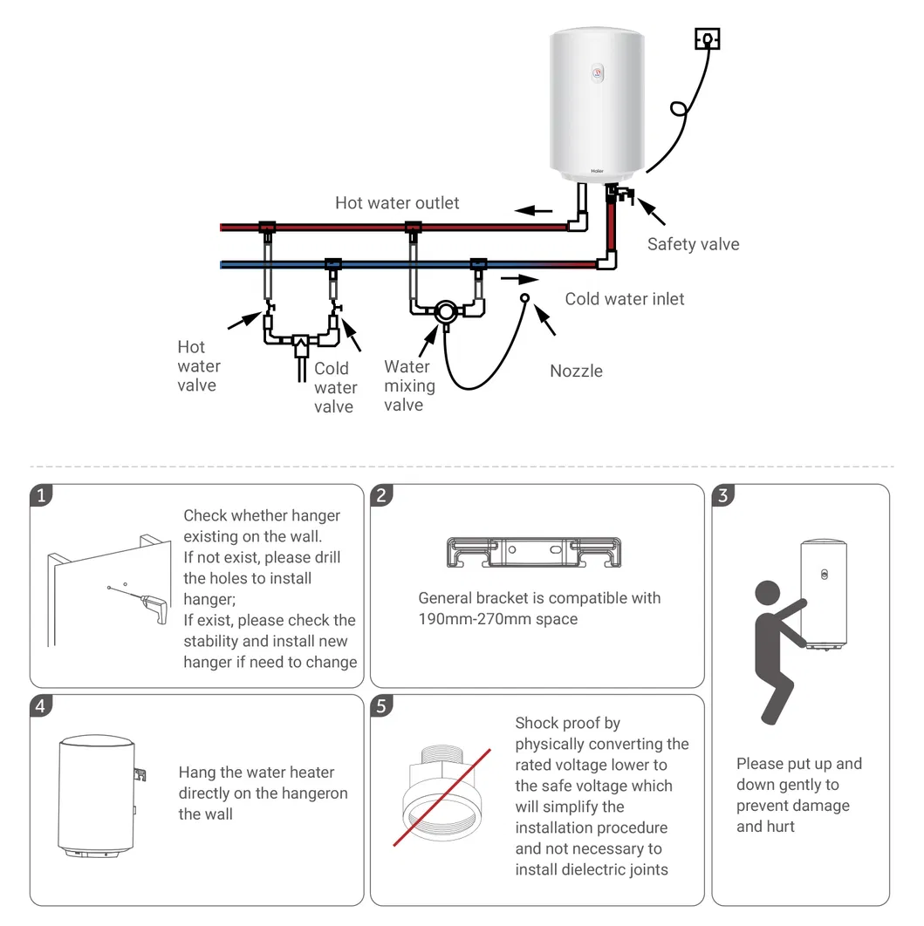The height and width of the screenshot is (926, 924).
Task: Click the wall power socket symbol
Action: tap(707, 39)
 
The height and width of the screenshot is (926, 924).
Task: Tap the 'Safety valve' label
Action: tap(693, 244)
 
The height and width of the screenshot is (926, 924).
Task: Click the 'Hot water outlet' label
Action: tap(397, 203)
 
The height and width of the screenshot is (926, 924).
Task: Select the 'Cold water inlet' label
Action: tap(625, 299)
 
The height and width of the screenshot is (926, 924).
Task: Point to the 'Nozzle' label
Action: tap(576, 371)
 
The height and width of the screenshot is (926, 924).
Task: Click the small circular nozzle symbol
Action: tap(525, 298)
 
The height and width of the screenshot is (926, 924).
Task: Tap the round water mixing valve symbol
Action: tap(445, 311)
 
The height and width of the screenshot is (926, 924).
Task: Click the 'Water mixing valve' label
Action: tap(408, 385)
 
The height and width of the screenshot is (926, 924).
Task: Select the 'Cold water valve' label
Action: tap(335, 387)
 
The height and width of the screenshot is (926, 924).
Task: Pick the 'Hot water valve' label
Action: tap(198, 366)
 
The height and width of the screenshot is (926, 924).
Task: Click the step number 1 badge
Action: tap(40, 495)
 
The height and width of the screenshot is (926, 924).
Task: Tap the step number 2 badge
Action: tap(380, 495)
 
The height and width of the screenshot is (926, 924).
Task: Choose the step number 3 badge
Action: tap(722, 495)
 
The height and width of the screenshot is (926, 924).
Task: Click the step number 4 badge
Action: tap(40, 706)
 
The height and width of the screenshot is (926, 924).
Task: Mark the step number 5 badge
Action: tap(380, 706)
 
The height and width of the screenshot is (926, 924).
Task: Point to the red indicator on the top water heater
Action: tap(597, 72)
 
